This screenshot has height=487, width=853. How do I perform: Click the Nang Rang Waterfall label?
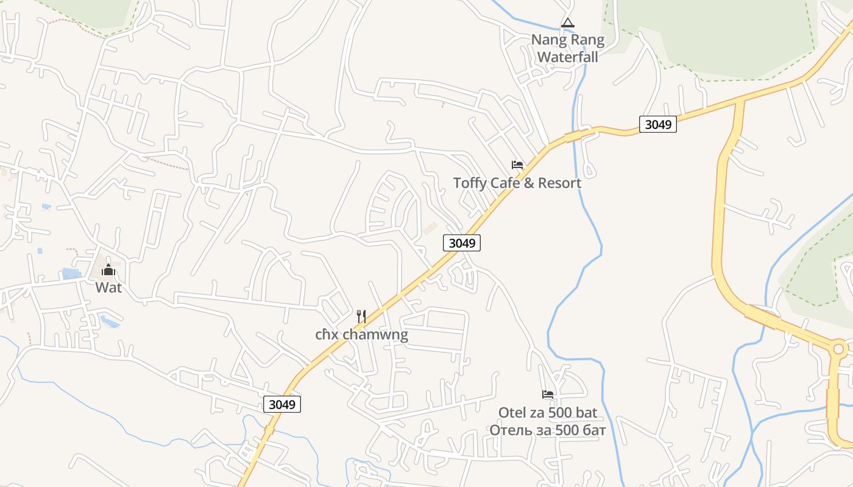568,49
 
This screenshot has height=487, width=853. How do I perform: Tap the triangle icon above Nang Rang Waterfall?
567,23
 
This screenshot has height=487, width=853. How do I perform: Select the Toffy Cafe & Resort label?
517,183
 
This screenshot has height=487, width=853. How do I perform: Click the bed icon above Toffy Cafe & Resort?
517,165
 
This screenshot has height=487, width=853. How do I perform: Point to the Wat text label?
108,287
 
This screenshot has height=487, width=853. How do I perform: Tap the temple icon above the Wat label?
108,270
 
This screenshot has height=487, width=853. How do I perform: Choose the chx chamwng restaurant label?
361,334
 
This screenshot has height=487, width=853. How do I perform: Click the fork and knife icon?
361,317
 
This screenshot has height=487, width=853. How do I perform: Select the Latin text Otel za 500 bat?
548,413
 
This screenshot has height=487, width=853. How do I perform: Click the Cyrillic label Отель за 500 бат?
548,430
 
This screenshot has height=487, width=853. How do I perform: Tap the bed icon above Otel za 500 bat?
548,394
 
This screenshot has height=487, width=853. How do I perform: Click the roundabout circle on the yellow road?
838,349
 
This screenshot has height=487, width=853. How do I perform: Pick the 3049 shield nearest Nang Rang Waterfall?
658,124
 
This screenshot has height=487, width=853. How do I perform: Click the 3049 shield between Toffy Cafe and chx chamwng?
461,243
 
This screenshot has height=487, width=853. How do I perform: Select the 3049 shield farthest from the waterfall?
283,404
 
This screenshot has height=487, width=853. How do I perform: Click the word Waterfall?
568,57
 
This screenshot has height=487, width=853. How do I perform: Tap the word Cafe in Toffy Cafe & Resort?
504,183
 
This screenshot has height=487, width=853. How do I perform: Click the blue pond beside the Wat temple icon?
71,274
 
